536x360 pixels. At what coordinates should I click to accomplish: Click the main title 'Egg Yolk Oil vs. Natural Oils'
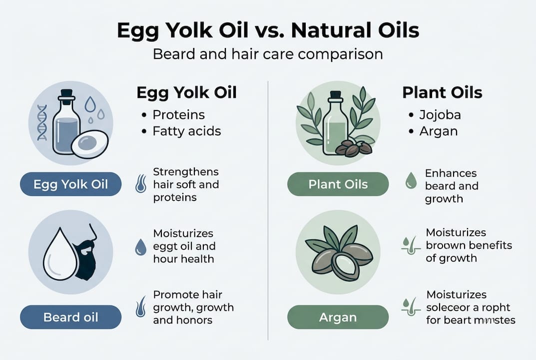click(x=268, y=31)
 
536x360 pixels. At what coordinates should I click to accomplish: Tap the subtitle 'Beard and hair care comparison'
click(x=268, y=53)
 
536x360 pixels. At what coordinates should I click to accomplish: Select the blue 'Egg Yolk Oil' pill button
click(x=70, y=184)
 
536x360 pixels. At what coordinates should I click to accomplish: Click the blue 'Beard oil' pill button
click(x=70, y=317)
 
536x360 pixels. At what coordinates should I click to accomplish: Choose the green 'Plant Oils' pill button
click(x=338, y=184)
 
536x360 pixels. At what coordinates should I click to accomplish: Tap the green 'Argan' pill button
click(x=338, y=317)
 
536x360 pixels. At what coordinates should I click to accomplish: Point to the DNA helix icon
click(x=42, y=122)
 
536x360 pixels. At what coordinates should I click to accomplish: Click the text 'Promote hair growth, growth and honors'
click(x=193, y=307)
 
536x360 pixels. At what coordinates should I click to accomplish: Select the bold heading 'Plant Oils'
click(x=442, y=92)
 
